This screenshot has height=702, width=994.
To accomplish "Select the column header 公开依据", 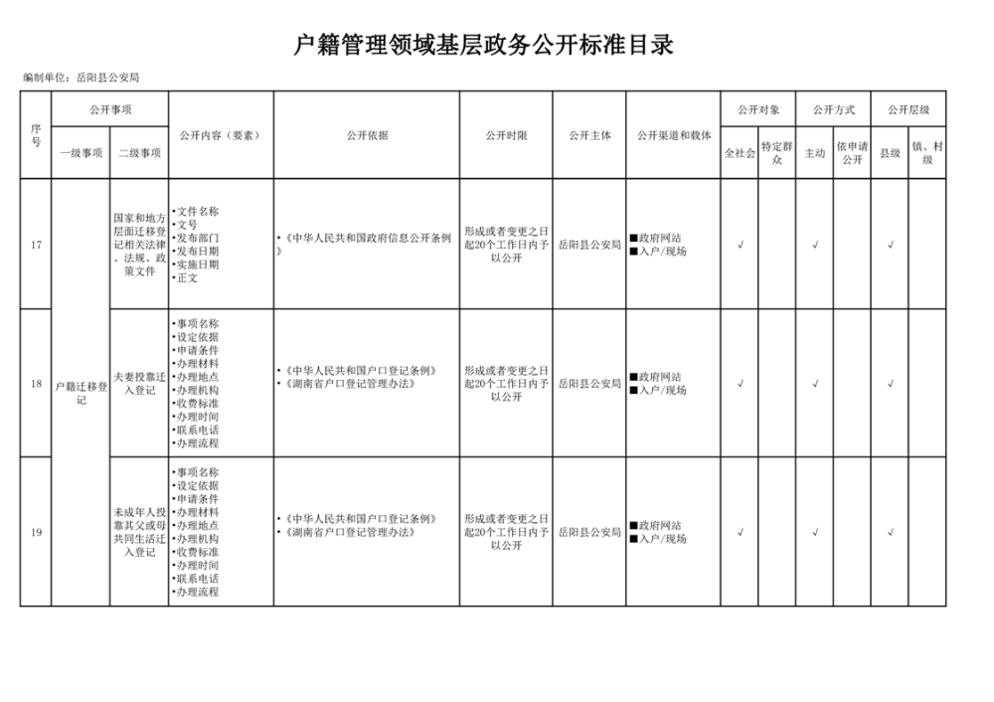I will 367,135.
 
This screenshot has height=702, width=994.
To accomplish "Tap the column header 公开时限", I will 506,135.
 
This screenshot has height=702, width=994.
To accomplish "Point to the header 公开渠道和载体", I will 673,135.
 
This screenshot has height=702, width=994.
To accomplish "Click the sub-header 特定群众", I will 777,152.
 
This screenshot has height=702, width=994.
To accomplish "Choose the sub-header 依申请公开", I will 852,152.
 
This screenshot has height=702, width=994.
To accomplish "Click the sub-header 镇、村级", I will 927,152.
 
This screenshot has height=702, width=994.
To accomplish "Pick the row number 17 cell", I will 36,245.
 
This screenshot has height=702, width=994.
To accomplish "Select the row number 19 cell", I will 36,533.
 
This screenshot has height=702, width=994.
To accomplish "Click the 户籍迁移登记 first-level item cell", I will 82,392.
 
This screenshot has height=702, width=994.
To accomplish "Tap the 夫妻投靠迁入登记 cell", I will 139,384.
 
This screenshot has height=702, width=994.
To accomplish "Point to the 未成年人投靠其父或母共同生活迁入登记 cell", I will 139,532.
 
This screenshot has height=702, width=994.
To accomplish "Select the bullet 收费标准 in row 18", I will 196,404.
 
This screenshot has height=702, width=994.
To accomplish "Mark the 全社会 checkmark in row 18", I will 741,384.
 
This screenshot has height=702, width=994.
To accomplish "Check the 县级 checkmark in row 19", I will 890,533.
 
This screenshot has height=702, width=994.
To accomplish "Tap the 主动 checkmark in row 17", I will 815,245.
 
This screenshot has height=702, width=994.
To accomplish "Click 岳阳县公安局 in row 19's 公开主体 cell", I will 589,533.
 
